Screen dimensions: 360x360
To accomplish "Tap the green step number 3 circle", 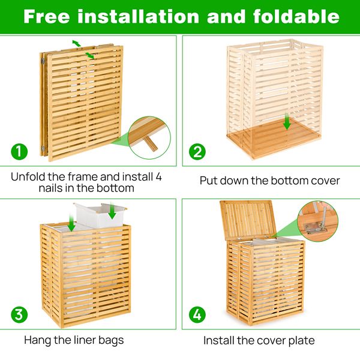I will click(x=20, y=314).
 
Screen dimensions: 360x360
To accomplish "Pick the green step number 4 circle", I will click(x=197, y=314).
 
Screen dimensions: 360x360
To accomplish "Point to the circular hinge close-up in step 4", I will click(x=316, y=223).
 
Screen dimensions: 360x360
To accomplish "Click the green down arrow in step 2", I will click(x=287, y=123).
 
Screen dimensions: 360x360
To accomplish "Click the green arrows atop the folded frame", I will click(x=83, y=49).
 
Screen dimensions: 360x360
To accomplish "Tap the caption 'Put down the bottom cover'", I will click(x=269, y=181).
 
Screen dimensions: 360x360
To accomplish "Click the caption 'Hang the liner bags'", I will click(x=74, y=340).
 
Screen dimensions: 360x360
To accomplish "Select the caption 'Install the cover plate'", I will click(x=259, y=340).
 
